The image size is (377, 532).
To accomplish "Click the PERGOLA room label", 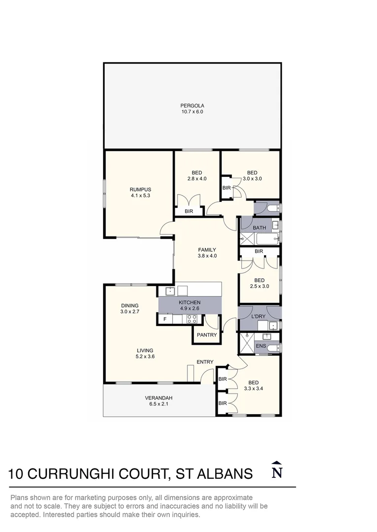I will click(x=192, y=105).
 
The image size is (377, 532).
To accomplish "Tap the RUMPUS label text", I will click(x=140, y=190).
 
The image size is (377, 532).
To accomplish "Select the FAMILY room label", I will click(x=207, y=250).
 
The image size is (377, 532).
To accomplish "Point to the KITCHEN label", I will click(x=189, y=302).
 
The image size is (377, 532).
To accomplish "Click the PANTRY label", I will click(x=206, y=335).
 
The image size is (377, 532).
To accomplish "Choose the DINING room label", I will click(x=129, y=305).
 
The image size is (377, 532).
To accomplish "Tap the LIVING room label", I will click(x=145, y=351).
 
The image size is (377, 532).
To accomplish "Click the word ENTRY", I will click(x=205, y=362).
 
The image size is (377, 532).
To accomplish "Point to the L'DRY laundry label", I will click(x=259, y=315).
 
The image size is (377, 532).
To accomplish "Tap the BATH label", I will click(x=259, y=228).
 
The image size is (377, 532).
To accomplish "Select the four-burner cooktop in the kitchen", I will click(x=192, y=320).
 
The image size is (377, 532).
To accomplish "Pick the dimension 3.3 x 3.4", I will click(x=253, y=389).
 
